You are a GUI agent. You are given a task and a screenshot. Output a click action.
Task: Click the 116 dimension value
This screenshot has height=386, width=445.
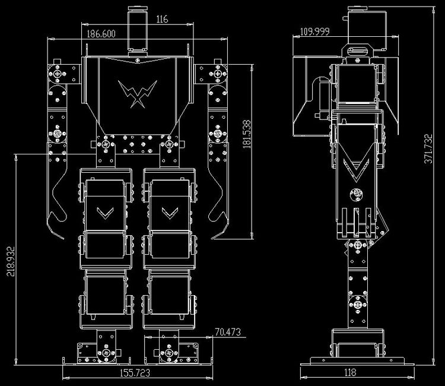point(162,19)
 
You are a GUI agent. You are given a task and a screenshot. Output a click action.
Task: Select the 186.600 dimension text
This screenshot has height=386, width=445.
point(101,34)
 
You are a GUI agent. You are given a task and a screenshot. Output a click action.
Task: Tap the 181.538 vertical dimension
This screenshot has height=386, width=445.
point(247,134)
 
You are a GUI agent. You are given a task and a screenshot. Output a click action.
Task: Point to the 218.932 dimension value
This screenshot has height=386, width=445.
point(11,261)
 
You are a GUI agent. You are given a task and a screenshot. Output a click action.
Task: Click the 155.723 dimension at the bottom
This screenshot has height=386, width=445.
point(135,373)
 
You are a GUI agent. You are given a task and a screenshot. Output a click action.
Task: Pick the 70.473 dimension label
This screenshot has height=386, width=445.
point(228,332)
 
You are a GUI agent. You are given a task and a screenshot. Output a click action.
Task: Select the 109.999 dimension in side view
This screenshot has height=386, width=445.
point(314,31)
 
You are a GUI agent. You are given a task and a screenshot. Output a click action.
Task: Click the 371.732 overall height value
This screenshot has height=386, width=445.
point(428,149)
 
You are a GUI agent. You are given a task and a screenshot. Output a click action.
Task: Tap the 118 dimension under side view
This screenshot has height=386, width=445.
point(350,372)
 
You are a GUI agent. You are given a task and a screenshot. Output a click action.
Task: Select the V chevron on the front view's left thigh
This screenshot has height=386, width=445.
point(105,213)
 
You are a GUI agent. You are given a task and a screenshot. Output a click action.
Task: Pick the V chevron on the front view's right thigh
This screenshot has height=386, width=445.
point(170,213)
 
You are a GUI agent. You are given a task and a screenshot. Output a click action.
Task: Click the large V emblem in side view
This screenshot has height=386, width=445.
point(356,170)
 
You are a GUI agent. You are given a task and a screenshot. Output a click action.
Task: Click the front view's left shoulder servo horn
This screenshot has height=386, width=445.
point(58,74)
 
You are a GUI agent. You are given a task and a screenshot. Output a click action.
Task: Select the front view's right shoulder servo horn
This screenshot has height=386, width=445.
point(218,74)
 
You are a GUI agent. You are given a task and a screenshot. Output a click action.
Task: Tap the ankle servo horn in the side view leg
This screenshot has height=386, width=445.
point(357,305)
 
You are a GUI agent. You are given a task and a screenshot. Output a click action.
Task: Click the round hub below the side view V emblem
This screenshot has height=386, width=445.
point(357,195)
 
